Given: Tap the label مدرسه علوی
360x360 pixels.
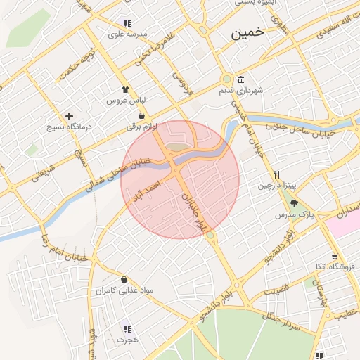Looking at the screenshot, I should pos(127,34).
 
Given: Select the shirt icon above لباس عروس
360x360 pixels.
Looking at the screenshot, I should pos(126,90).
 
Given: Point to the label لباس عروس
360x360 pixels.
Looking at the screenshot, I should pos(126,101).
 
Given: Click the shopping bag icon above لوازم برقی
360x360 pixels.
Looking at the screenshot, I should pos(142,116).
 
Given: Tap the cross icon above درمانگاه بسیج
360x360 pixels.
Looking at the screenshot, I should pos(69,116).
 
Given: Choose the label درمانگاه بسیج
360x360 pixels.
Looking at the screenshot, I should pos(69,127).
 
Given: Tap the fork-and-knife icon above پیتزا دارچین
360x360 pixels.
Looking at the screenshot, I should pos(277,175).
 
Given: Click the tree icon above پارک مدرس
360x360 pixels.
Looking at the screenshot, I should pos(304,202).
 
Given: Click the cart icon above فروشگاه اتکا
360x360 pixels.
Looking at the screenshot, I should pos(334,257).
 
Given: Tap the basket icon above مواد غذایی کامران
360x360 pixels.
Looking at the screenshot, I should pos(124,279).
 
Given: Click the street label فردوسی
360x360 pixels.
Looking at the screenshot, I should pos(184,82).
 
